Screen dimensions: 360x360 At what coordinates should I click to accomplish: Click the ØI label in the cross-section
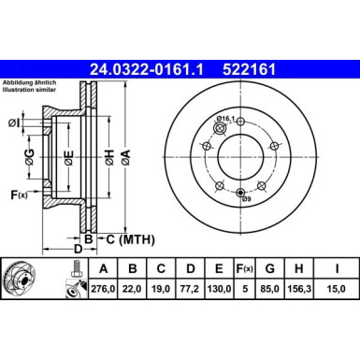tap(14, 122)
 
